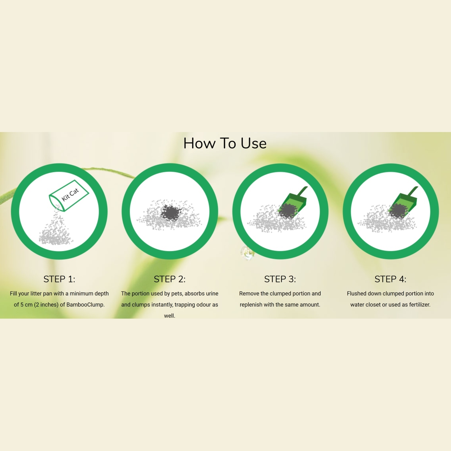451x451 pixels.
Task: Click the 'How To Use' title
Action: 225,143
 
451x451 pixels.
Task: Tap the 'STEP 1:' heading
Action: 59,279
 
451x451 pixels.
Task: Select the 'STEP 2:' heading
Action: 170,279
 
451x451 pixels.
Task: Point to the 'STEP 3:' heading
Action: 280,279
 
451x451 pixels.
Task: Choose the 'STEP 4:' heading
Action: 391,279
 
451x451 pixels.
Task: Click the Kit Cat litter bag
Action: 69,196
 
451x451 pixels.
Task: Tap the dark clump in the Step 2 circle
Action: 171,212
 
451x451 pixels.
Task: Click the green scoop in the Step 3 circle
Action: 292,203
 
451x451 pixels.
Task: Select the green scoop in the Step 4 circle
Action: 403,203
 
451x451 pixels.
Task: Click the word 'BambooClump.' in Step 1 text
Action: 85,305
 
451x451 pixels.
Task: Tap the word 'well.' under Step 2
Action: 170,316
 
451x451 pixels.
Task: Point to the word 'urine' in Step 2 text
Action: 212,294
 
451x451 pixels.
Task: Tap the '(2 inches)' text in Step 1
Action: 46,305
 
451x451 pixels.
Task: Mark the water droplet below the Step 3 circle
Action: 247,253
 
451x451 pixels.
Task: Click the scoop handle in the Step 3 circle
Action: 303,192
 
